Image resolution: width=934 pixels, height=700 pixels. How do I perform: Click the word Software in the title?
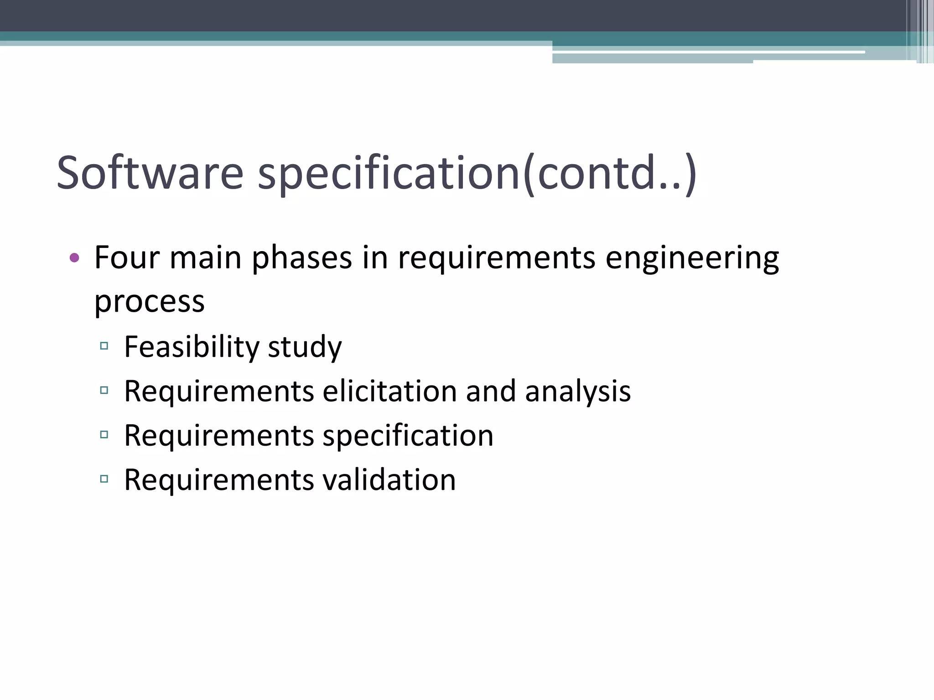click(150, 173)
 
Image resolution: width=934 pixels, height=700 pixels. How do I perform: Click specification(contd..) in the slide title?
click(477, 173)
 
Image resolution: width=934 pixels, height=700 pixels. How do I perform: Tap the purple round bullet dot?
click(74, 258)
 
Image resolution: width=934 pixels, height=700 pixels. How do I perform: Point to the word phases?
click(301, 257)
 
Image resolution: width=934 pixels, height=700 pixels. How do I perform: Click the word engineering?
click(692, 258)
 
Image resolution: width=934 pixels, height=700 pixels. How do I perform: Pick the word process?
click(149, 302)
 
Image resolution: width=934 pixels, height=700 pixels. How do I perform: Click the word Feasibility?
click(192, 346)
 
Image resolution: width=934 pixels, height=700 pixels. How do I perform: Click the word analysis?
click(578, 391)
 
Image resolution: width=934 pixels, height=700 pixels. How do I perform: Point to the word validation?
click(389, 480)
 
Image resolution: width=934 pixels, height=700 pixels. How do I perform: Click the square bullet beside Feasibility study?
click(104, 346)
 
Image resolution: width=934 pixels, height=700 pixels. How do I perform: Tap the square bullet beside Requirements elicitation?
click(104, 390)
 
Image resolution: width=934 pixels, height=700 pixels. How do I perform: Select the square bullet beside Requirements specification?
click(104, 434)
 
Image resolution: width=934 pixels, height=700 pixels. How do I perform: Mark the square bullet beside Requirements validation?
click(104, 479)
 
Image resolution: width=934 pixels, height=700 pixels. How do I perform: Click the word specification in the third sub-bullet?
click(408, 436)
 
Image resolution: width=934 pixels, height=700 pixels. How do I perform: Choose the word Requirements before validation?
click(219, 480)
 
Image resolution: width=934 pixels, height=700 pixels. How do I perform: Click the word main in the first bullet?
click(205, 257)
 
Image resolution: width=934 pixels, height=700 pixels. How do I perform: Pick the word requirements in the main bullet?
click(497, 258)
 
